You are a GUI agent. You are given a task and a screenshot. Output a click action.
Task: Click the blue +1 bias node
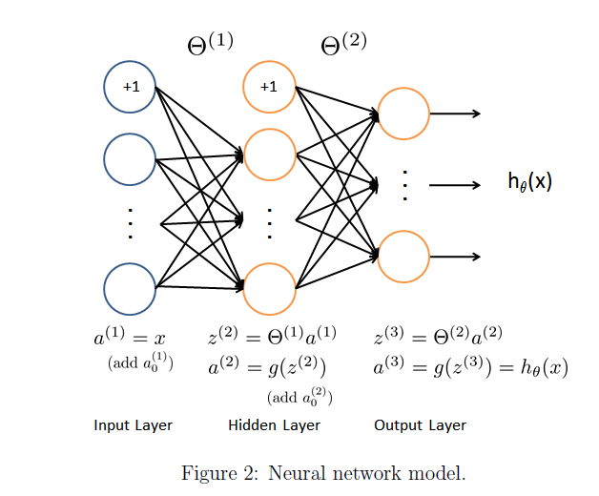click(130, 87)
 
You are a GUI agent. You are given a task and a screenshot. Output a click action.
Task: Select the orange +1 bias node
click(270, 87)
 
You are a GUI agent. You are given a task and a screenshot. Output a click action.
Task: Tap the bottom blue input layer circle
click(130, 287)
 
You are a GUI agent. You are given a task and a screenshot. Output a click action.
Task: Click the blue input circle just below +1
click(130, 158)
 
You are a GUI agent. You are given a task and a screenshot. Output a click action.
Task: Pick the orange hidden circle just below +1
click(270, 152)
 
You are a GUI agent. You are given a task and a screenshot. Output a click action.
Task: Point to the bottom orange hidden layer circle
click(270, 287)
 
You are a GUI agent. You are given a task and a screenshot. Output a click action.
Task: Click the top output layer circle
click(403, 114)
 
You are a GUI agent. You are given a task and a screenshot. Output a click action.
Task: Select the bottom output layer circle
click(403, 256)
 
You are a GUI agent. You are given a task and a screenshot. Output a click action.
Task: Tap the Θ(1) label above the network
click(210, 44)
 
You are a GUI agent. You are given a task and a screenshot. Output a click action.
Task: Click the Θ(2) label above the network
click(343, 44)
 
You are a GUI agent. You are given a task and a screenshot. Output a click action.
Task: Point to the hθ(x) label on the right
click(529, 182)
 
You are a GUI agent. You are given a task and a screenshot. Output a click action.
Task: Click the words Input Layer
click(133, 424)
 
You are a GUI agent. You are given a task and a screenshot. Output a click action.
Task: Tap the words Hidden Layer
click(274, 424)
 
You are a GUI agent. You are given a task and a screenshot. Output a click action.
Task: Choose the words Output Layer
click(420, 424)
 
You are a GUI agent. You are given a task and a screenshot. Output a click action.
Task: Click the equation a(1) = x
click(130, 338)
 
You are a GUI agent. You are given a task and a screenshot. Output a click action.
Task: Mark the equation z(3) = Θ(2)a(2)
click(438, 337)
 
